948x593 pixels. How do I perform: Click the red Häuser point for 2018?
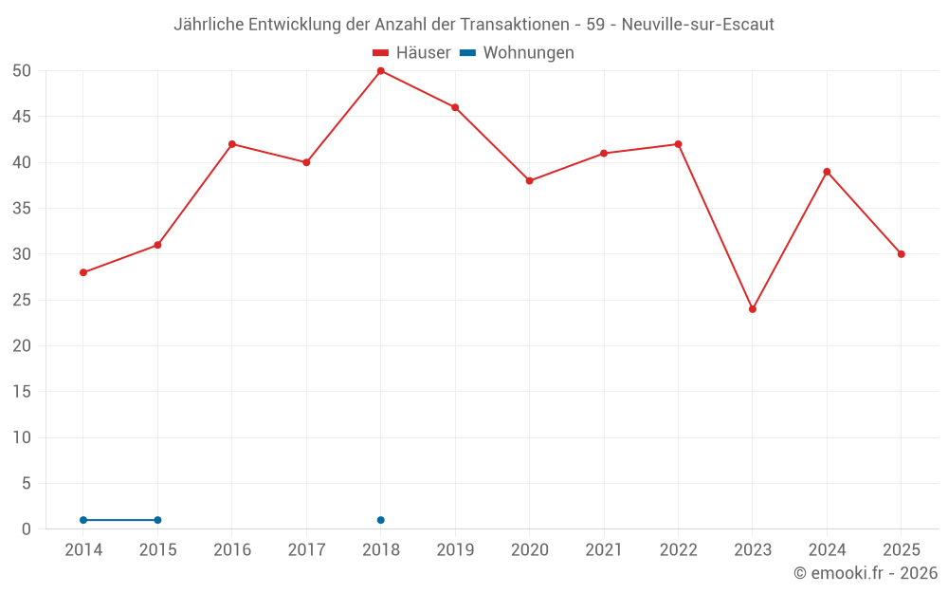pyautogui.click(x=381, y=71)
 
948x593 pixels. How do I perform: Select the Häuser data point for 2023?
pyautogui.click(x=753, y=309)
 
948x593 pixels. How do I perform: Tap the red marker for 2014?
pyautogui.click(x=83, y=273)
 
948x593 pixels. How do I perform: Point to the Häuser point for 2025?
pyautogui.click(x=902, y=254)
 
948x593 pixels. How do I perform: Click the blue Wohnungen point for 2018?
pyautogui.click(x=381, y=520)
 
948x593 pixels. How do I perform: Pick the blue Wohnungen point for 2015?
pyautogui.click(x=157, y=520)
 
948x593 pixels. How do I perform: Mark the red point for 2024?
pyautogui.click(x=827, y=172)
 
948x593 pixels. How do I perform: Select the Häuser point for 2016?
pyautogui.click(x=232, y=144)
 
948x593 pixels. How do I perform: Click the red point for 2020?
pyautogui.click(x=530, y=181)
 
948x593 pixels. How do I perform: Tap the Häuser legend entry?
pyautogui.click(x=411, y=52)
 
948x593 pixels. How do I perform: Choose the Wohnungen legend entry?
pyautogui.click(x=517, y=52)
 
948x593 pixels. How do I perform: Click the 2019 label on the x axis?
pyautogui.click(x=455, y=550)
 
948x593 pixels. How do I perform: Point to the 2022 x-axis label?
pyautogui.click(x=679, y=550)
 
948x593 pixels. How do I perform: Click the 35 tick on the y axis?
pyautogui.click(x=21, y=208)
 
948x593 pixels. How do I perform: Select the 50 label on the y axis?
pyautogui.click(x=21, y=71)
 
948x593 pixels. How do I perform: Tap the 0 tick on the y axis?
pyautogui.click(x=26, y=529)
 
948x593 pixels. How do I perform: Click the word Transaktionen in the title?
pyautogui.click(x=515, y=25)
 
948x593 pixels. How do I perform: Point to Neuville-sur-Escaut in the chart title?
pyautogui.click(x=698, y=25)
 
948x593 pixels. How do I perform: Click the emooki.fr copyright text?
pyautogui.click(x=866, y=573)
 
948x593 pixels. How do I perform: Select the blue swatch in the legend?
pyautogui.click(x=468, y=52)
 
